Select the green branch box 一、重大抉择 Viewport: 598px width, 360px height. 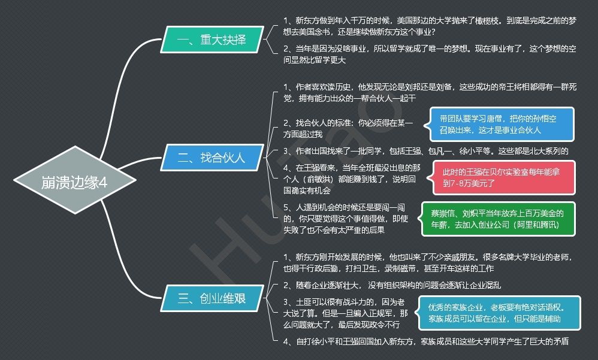click(x=212, y=40)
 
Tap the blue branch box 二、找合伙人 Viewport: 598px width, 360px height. click(x=212, y=158)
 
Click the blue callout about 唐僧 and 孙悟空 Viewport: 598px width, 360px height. click(x=500, y=124)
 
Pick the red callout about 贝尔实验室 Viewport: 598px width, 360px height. click(x=500, y=178)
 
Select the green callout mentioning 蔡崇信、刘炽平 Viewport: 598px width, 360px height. click(x=498, y=219)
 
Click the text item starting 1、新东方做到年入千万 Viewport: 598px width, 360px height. click(x=430, y=26)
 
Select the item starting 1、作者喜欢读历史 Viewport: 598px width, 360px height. click(x=430, y=92)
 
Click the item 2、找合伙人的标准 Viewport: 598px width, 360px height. click(x=349, y=128)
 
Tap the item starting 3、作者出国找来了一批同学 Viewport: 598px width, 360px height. click(x=426, y=151)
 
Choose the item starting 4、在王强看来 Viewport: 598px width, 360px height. click(x=349, y=178)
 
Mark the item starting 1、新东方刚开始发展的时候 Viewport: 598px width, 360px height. click(x=430, y=262)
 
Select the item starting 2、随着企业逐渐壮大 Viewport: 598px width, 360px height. click(x=392, y=285)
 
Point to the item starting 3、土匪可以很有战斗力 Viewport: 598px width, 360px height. click(x=346, y=313)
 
